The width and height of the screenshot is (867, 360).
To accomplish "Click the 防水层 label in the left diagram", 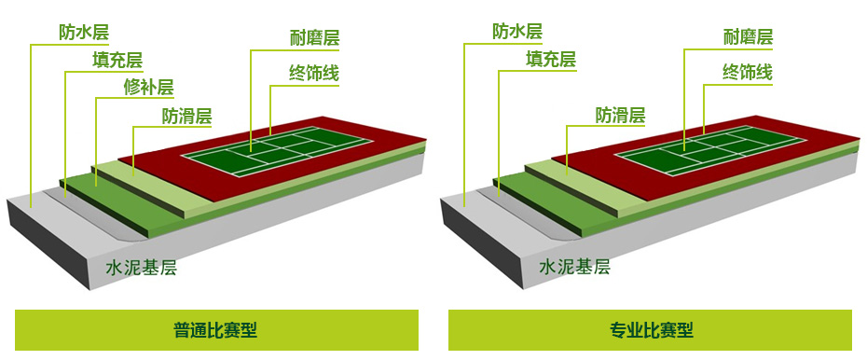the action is [x=84, y=32].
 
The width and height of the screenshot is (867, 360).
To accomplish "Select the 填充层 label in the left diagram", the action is [x=117, y=60].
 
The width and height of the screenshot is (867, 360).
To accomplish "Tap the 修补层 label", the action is [x=149, y=88].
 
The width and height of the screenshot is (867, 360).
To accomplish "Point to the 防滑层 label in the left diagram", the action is [x=186, y=116].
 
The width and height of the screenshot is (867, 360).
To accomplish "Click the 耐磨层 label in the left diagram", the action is [x=314, y=38].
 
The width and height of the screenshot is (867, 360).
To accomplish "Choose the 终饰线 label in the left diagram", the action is [x=314, y=73].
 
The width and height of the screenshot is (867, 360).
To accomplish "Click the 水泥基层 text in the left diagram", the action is [x=141, y=269].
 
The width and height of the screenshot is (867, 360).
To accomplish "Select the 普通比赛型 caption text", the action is [x=215, y=330].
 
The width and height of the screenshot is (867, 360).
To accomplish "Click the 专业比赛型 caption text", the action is [x=651, y=330].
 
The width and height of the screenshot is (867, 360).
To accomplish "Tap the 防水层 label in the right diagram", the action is [x=517, y=31].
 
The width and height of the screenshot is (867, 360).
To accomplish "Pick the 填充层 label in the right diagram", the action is [x=551, y=59].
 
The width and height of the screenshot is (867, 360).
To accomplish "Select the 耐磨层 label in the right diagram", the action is [x=748, y=37].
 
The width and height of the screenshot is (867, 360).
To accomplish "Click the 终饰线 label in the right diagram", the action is [x=748, y=72].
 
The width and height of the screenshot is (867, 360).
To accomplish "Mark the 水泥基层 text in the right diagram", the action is [x=574, y=268].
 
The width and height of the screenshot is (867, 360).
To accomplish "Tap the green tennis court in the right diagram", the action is [x=710, y=151].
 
